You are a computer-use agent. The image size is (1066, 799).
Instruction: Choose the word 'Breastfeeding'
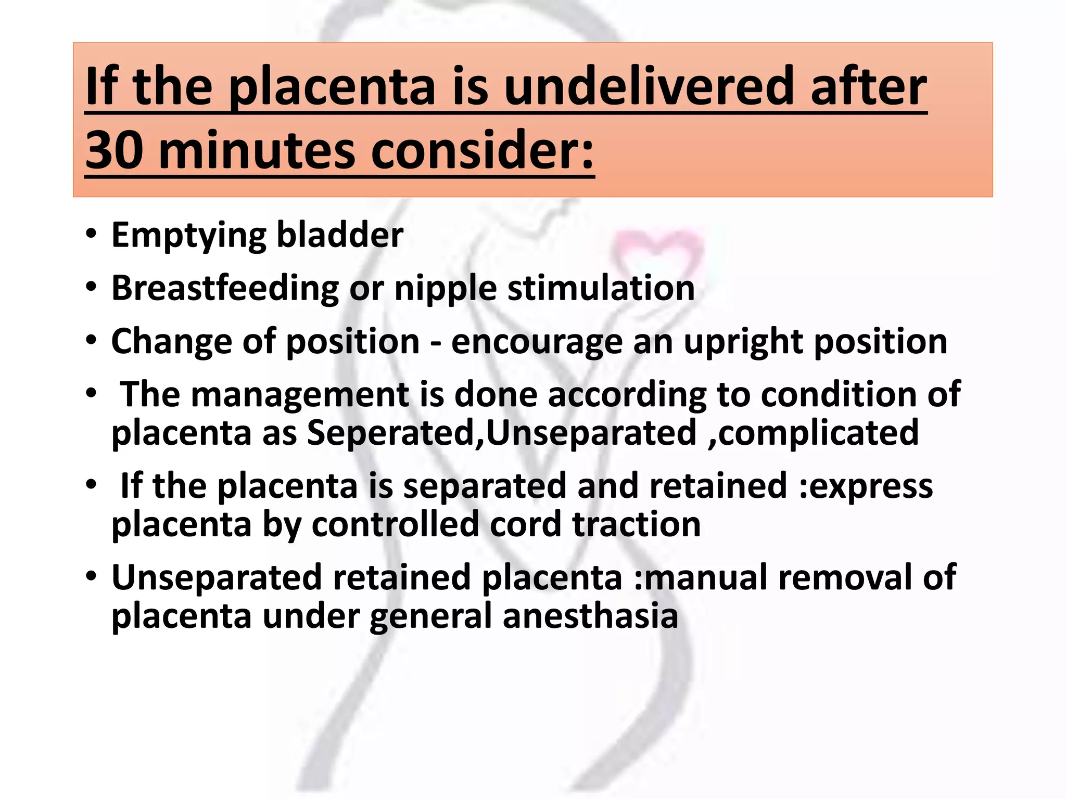[225, 288]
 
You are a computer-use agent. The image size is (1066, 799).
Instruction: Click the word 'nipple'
[446, 288]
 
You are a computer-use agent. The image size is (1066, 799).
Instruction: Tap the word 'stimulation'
[601, 288]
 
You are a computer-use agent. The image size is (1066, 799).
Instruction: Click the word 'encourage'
[537, 342]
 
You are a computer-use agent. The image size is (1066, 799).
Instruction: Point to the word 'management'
[300, 395]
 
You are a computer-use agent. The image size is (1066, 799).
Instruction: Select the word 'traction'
[637, 524]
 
